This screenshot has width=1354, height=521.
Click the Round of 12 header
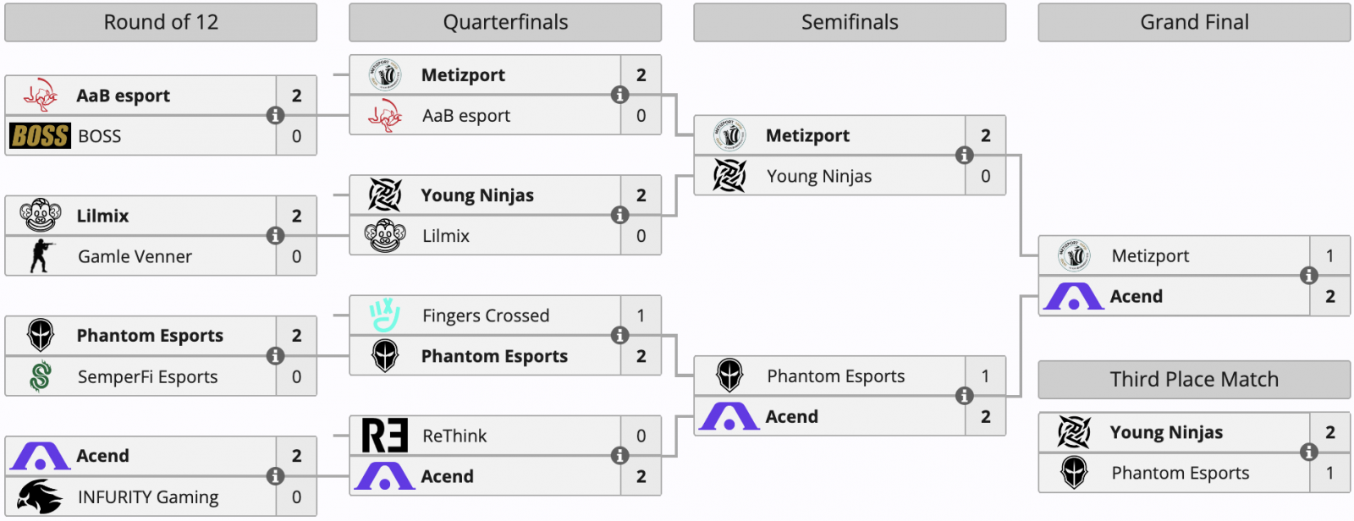pos(161,23)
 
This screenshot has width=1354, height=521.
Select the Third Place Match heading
pos(1194,380)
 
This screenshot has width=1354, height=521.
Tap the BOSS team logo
pos(39,136)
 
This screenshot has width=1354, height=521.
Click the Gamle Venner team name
pos(135,256)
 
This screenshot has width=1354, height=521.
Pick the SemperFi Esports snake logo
pos(40,376)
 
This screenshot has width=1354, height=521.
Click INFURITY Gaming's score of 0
pos(296,497)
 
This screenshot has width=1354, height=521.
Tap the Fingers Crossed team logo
pos(384,315)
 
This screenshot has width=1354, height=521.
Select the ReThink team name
pos(454,436)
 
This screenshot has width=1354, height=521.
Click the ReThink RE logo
pos(384,436)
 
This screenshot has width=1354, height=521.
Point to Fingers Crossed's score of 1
pos(641,315)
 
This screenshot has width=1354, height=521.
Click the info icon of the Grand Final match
pos(1308,276)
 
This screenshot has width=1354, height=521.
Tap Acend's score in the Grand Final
pos(1330,297)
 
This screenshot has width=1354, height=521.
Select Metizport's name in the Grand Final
pos(1150,256)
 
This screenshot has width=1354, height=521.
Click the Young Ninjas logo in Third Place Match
pos(1074,432)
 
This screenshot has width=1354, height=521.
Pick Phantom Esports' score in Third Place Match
pos(1330,473)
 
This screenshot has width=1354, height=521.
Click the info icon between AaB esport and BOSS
pos(275,116)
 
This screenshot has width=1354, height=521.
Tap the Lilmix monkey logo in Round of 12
pos(40,216)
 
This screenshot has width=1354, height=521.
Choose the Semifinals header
pos(850,23)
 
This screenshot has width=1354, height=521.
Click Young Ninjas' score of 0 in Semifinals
pos(985,176)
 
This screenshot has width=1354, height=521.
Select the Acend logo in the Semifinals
pos(729,417)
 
